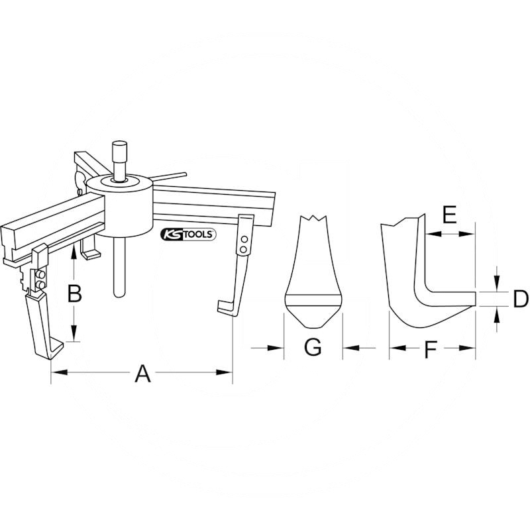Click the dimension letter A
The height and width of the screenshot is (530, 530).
pyautogui.click(x=142, y=373)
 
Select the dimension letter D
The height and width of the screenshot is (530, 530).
pyautogui.click(x=521, y=299)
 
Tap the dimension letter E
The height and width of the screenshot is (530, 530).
pyautogui.click(x=450, y=214)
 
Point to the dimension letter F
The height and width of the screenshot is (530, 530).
pyautogui.click(x=431, y=350)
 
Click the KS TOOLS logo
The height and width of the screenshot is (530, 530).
pyautogui.click(x=188, y=235)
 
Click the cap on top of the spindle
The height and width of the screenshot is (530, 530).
pyautogui.click(x=120, y=152)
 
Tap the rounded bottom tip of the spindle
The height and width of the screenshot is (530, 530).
pyautogui.click(x=119, y=293)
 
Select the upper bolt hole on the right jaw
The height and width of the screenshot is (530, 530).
pyautogui.click(x=244, y=240)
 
